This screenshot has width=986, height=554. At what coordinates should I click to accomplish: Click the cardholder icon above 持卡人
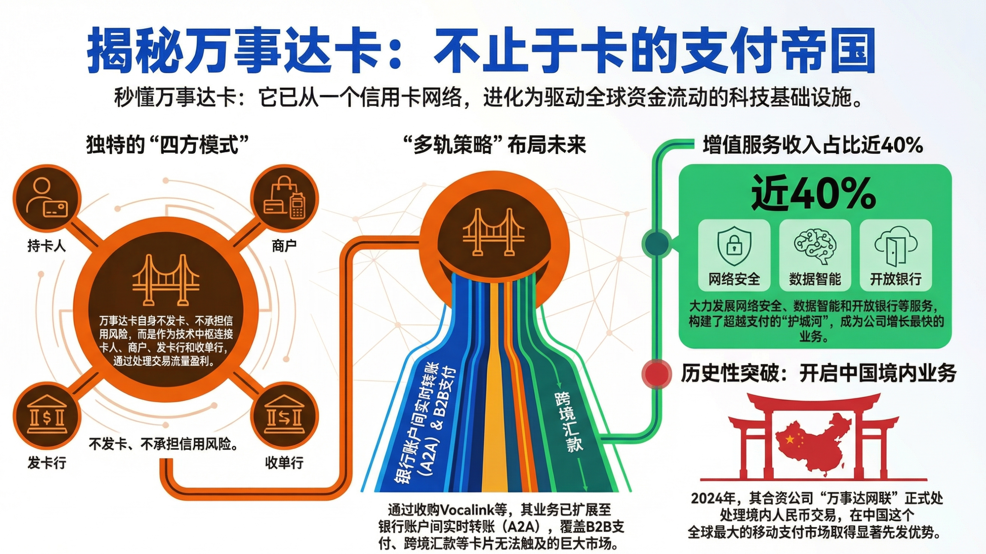tap(47, 198)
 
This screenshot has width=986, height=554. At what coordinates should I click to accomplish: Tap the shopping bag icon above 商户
tap(284, 198)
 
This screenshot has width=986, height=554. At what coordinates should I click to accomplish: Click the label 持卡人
tap(47, 246)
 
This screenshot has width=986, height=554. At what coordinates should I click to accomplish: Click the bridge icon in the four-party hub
tap(166, 280)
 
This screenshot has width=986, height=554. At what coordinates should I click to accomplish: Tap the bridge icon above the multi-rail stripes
tap(493, 232)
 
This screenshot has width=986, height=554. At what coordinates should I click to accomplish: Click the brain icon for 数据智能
tap(815, 246)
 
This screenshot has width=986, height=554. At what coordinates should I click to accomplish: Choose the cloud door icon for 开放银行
tap(896, 246)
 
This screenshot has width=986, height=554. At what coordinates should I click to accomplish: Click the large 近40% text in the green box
tap(814, 193)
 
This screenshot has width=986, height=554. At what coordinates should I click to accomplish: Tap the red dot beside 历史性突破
tap(656, 374)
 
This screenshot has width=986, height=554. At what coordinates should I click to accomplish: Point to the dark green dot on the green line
tap(656, 243)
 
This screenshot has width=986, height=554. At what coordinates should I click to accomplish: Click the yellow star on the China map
tap(789, 439)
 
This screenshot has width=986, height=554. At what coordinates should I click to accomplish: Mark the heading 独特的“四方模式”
tap(168, 145)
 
